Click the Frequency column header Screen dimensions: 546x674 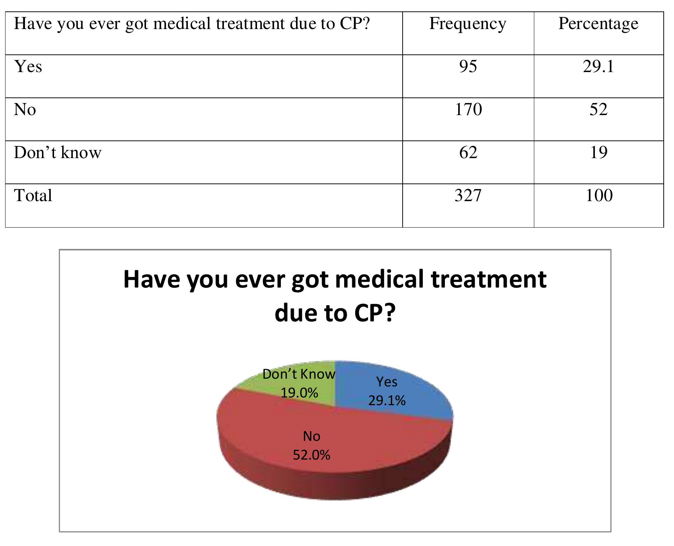click(x=468, y=24)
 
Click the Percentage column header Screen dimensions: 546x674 click(x=598, y=24)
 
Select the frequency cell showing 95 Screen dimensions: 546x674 click(x=468, y=67)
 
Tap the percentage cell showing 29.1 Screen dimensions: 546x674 click(x=598, y=67)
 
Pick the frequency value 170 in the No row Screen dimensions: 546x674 click(x=468, y=110)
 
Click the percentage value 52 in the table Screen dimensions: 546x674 click(x=598, y=110)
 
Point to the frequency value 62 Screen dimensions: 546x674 click(x=468, y=153)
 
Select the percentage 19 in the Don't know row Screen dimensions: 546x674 click(x=598, y=153)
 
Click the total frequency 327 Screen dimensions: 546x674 click(x=468, y=195)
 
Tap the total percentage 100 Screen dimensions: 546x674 click(x=599, y=195)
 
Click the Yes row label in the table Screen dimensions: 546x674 click(x=28, y=67)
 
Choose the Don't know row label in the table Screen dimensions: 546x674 click(x=57, y=153)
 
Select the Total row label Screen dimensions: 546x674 click(x=33, y=195)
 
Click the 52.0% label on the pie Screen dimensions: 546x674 click(x=311, y=455)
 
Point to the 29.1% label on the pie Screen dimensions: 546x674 click(x=387, y=400)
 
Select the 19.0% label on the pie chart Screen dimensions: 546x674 click(x=299, y=393)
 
